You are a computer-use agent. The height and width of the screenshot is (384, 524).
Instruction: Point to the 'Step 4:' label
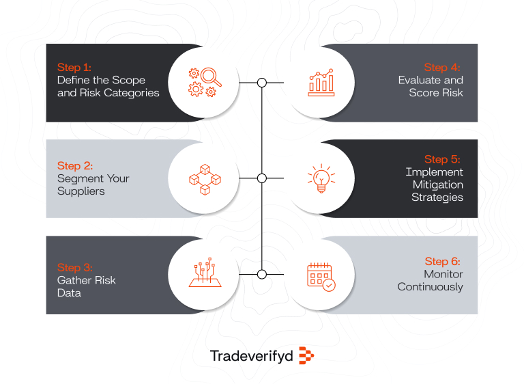(x=442, y=68)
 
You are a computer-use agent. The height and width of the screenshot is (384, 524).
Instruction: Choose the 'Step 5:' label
(x=442, y=160)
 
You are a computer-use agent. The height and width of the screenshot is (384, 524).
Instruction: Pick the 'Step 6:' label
(x=442, y=261)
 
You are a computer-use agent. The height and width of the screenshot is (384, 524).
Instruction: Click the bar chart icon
(x=321, y=83)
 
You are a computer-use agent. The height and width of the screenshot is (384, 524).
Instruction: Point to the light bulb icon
(x=321, y=179)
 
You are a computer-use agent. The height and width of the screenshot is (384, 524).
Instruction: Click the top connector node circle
(x=261, y=83)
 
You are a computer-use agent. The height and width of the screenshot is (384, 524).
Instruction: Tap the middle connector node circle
(x=261, y=178)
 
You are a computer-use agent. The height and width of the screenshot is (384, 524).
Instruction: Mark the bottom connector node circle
(x=261, y=275)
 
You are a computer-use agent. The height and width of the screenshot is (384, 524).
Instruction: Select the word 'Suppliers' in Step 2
(x=81, y=191)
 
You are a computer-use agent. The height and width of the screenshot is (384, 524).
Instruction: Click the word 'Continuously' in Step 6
(x=431, y=287)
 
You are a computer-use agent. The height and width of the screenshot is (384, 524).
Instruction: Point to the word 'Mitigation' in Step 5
(x=437, y=184)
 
